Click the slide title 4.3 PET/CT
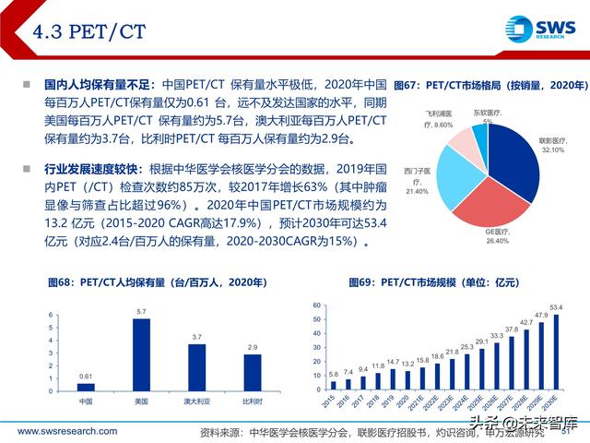pos(90,32)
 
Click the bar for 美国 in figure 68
pos(141,353)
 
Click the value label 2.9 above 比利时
pos(252,345)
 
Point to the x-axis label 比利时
pos(252,401)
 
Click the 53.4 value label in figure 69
pos(555,305)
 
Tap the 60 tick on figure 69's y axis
pos(316,304)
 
